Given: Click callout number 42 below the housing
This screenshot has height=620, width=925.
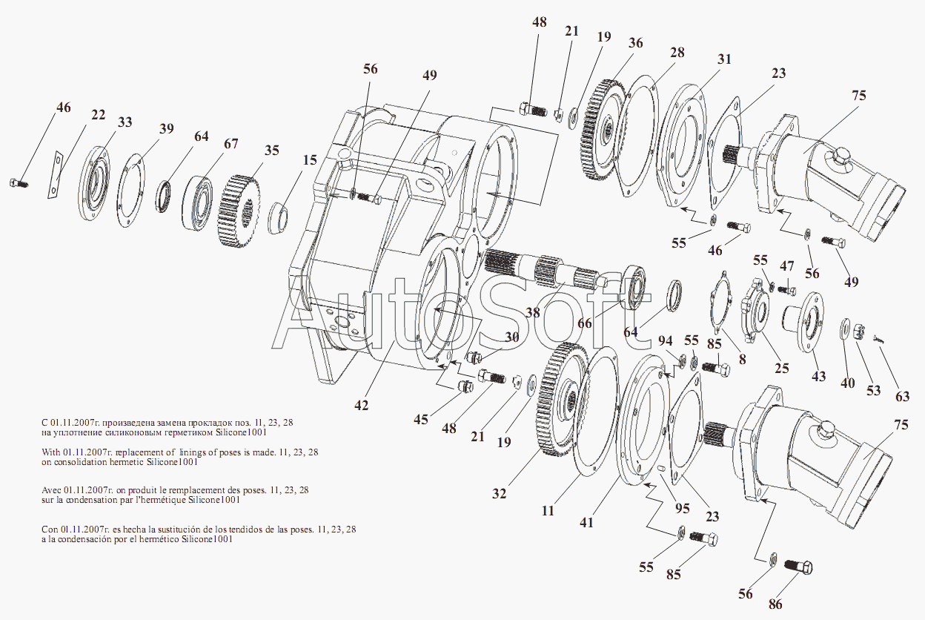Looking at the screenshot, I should point(361,405).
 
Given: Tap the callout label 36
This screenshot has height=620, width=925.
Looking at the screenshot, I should point(636,43).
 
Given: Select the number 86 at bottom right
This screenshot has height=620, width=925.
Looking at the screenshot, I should point(775,604).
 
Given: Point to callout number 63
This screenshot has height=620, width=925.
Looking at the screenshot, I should point(902,396).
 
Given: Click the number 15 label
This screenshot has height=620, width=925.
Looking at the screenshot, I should point(309,159).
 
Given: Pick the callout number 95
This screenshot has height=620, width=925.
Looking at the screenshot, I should point(682,508).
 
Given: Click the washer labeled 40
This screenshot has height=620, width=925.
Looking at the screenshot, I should point(846,329).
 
